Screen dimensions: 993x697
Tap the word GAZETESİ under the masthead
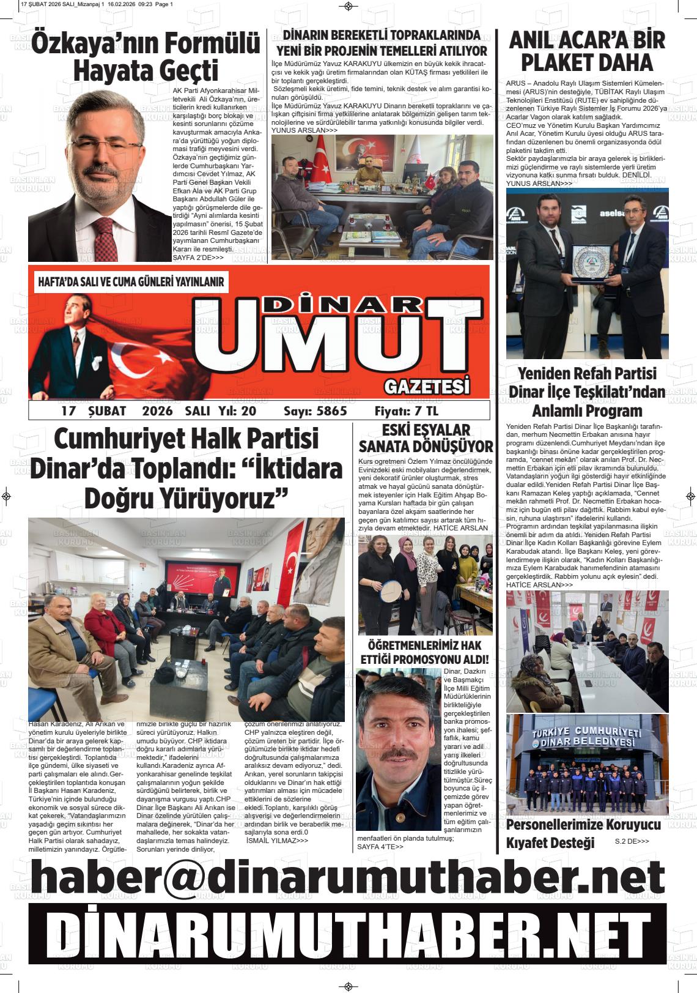(427, 387)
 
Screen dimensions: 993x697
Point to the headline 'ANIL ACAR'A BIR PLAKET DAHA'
(586, 51)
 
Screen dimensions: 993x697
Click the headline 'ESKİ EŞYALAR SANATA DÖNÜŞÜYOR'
(426, 437)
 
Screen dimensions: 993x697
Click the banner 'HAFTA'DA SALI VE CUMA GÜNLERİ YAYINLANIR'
(130, 282)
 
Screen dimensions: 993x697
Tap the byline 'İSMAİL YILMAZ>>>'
(276, 841)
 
